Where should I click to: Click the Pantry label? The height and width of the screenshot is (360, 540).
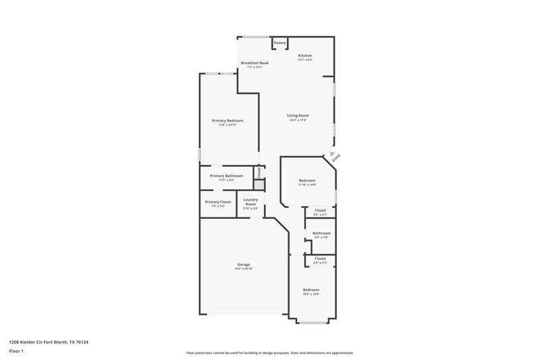click(x=279, y=43)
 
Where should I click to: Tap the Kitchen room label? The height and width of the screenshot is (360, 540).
click(x=305, y=55)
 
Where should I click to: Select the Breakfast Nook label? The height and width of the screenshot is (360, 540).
click(x=254, y=63)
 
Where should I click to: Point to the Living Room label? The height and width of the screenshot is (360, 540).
click(x=298, y=115)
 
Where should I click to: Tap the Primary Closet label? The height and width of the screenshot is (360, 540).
click(x=218, y=201)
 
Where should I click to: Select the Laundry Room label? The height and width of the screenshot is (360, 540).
click(x=250, y=201)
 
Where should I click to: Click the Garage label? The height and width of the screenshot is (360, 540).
click(x=244, y=264)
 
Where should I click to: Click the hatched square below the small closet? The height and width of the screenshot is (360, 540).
click(x=258, y=184)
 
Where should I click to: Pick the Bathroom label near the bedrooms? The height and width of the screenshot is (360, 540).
click(x=321, y=233)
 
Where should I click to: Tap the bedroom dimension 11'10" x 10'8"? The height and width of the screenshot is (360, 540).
click(x=307, y=184)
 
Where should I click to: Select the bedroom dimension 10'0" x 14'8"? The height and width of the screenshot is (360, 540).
click(x=310, y=294)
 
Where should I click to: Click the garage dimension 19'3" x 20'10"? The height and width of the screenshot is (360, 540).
click(x=244, y=269)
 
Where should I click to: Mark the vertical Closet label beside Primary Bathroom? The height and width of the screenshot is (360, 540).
click(x=258, y=172)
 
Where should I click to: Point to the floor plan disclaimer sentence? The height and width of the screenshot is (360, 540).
click(x=269, y=353)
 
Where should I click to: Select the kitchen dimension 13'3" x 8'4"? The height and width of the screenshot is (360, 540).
click(x=305, y=60)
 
